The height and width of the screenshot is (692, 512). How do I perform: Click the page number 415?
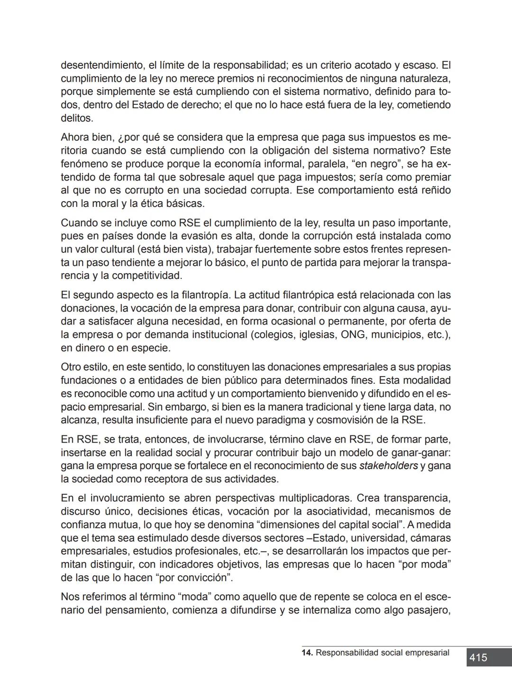pyautogui.click(x=478, y=658)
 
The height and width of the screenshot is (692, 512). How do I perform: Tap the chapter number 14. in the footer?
pyautogui.click(x=307, y=653)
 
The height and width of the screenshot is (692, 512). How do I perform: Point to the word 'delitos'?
pyautogui.click(x=77, y=118)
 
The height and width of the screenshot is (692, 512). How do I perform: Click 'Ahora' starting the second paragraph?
pyautogui.click(x=74, y=138)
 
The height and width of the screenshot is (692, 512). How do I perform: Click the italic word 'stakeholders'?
pyautogui.click(x=388, y=466)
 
